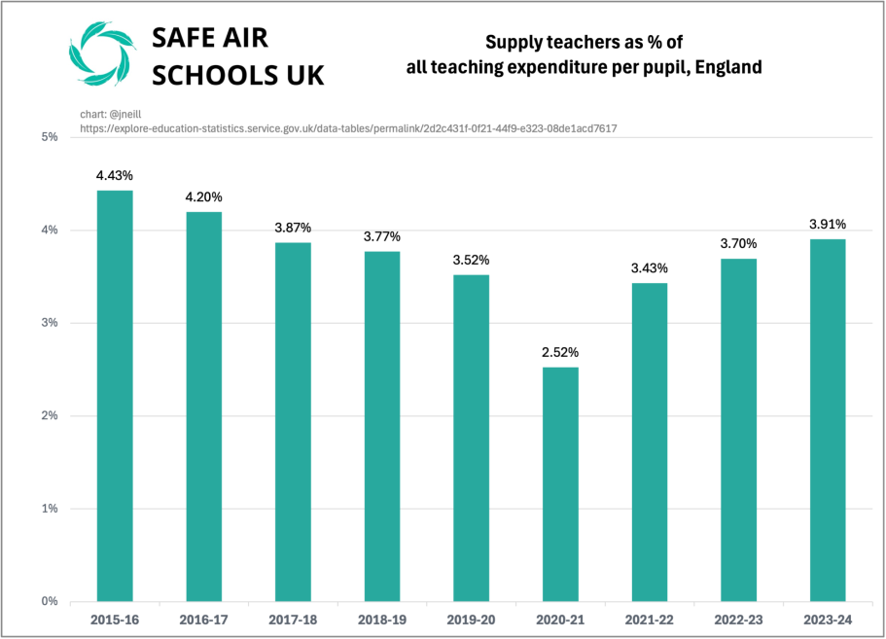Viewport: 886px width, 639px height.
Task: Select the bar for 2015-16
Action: [x=115, y=396]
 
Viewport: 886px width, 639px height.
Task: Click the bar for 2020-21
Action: [x=560, y=483]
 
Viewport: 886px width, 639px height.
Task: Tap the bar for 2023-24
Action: [x=828, y=420]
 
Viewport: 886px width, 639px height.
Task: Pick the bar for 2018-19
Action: [x=382, y=426]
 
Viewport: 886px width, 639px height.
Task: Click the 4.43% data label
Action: [x=115, y=176]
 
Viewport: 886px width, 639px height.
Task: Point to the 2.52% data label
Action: [x=560, y=352]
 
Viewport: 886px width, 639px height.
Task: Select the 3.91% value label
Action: [x=828, y=224]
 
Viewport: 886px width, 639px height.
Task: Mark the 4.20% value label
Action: [x=204, y=197]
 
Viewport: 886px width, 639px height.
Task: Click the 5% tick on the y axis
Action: [x=48, y=137]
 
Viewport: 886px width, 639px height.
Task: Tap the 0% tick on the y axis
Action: [x=48, y=601]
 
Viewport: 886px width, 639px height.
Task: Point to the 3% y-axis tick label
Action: [x=48, y=323]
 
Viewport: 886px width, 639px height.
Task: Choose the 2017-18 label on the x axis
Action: [x=293, y=620]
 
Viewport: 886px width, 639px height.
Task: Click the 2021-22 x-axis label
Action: [x=650, y=620]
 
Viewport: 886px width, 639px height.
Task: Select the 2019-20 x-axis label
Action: [x=472, y=620]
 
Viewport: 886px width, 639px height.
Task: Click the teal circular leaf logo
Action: [x=97, y=54]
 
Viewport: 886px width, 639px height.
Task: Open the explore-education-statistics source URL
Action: [x=348, y=127]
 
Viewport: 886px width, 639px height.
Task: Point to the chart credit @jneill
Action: [x=111, y=115]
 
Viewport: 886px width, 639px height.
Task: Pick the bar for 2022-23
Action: [x=738, y=430]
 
